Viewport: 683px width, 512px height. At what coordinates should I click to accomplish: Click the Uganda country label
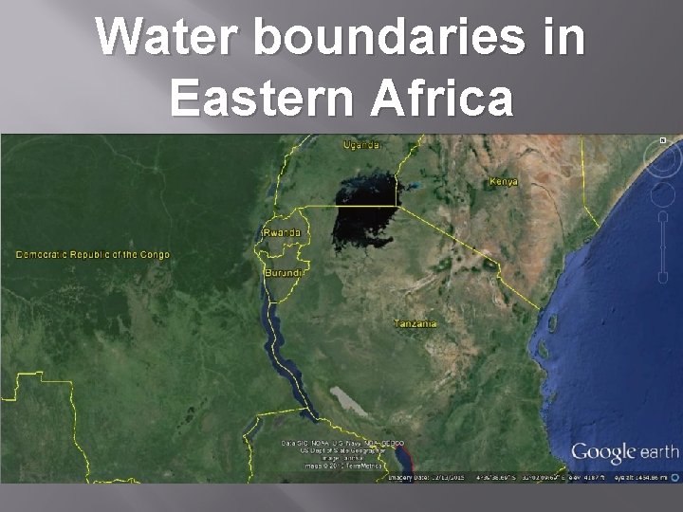[x=362, y=145]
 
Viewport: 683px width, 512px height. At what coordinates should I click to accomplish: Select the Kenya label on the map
[x=503, y=181]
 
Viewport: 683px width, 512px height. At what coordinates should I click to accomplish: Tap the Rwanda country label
[x=283, y=232]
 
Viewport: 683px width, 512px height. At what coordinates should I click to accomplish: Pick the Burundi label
[x=284, y=273]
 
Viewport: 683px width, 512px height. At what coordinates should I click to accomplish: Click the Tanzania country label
[x=416, y=323]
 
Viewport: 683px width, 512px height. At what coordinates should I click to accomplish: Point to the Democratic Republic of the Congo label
[x=92, y=254]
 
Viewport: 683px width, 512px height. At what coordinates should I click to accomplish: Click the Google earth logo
[x=624, y=452]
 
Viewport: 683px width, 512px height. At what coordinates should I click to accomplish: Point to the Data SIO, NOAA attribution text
[x=342, y=444]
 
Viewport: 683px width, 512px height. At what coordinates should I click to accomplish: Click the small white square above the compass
[x=663, y=140]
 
